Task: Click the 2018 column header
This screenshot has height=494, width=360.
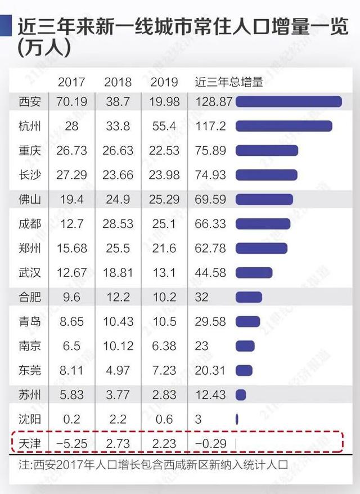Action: [x=118, y=82]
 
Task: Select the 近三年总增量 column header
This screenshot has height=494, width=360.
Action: [x=228, y=82]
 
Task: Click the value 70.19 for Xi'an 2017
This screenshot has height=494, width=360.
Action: [x=71, y=102]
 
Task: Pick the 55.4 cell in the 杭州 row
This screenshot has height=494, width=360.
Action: [x=164, y=126]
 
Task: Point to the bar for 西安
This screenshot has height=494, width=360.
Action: [x=289, y=102]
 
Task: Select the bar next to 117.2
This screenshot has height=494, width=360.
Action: [x=283, y=126]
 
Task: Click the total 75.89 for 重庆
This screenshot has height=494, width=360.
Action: [x=210, y=151]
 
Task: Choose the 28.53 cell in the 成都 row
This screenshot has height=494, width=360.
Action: [x=118, y=224]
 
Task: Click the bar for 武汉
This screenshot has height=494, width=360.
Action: [x=254, y=273]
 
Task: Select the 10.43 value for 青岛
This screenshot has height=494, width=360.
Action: [x=118, y=321]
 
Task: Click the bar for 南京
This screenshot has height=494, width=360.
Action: [x=245, y=346]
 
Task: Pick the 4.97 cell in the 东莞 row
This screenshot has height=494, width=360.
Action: [x=118, y=370]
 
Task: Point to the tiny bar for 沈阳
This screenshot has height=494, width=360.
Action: [x=237, y=419]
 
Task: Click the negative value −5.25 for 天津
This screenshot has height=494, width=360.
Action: [x=71, y=443]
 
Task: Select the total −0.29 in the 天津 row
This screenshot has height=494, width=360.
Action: [x=210, y=443]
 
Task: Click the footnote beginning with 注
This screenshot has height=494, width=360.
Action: [x=152, y=466]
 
